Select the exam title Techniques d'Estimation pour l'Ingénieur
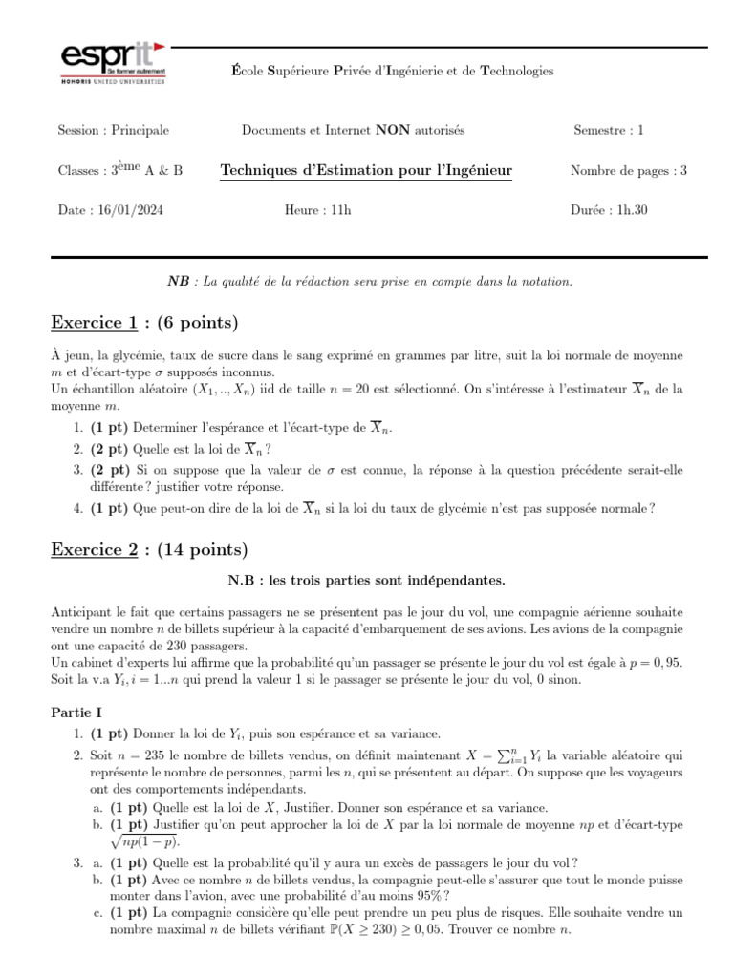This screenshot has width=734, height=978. pos(366,171)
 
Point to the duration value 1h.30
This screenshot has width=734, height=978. pos(631,210)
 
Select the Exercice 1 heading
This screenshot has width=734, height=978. pos(143,321)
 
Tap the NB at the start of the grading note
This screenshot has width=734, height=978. pos(178,281)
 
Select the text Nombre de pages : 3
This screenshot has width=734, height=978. pos(629,171)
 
